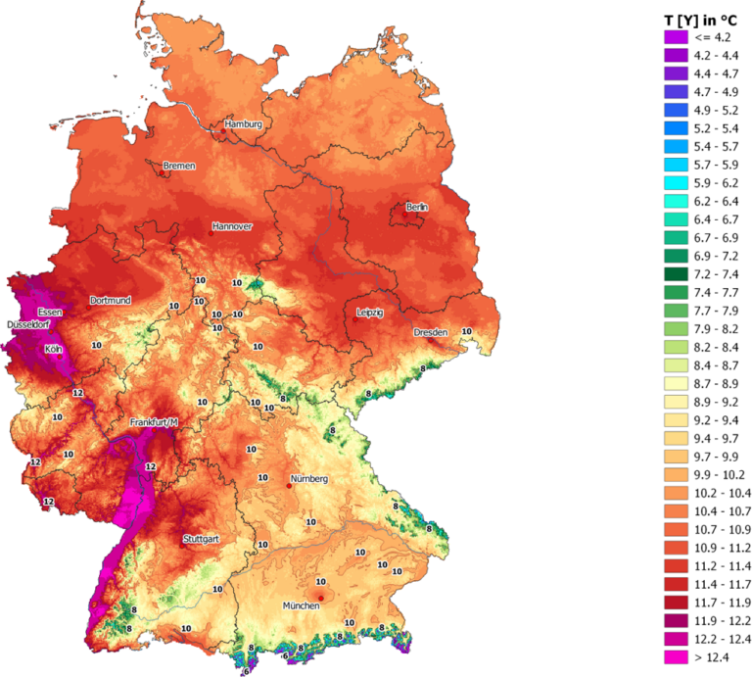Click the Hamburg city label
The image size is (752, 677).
[243, 125]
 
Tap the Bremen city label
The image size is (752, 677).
[179, 167]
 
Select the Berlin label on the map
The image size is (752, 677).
[417, 208]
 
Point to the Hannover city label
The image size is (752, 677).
[231, 226]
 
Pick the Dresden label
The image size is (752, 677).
[430, 332]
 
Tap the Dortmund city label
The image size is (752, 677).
[110, 300]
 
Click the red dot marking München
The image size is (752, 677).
[320, 598]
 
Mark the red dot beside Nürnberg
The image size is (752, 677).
[289, 485]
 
